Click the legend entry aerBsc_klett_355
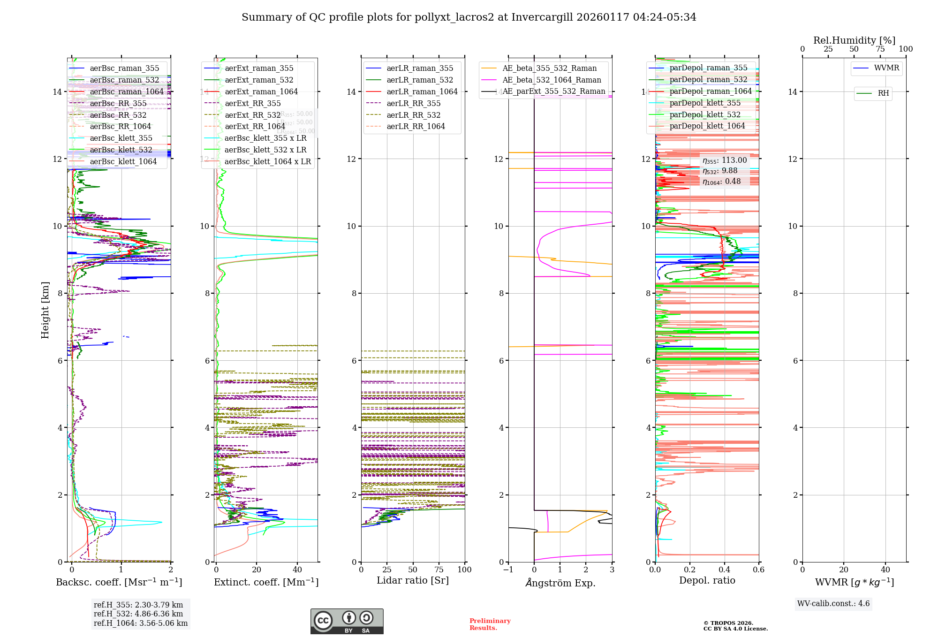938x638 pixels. (121, 138)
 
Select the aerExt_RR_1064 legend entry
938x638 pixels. (255, 127)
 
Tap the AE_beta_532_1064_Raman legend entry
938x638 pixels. (552, 80)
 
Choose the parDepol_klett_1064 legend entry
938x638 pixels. (707, 126)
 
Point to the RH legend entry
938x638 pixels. (883, 93)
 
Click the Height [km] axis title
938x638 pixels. (45, 310)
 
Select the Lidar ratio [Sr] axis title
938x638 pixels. (413, 581)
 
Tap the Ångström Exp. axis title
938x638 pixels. (560, 583)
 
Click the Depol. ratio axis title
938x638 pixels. (707, 581)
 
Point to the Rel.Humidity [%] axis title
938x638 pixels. (854, 40)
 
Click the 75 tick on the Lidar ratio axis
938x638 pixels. (439, 570)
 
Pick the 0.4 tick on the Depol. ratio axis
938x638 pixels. (724, 570)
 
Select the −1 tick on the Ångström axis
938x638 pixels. (508, 570)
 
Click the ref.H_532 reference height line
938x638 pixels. (138, 614)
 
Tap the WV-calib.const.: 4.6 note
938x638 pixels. (833, 604)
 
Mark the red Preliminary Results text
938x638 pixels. (490, 624)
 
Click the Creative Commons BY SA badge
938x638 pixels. (347, 622)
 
